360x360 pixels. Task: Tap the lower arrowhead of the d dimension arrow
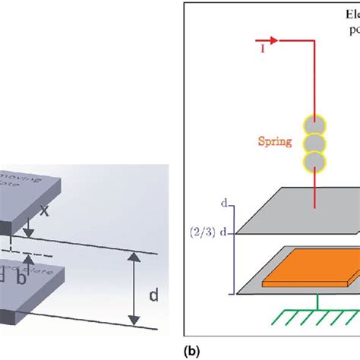(134, 320)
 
